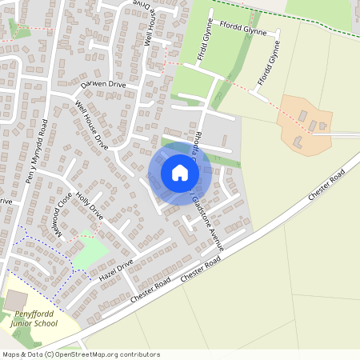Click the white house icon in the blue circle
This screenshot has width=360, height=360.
coord(180,173)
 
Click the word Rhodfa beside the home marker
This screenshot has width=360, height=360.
coord(197,137)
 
